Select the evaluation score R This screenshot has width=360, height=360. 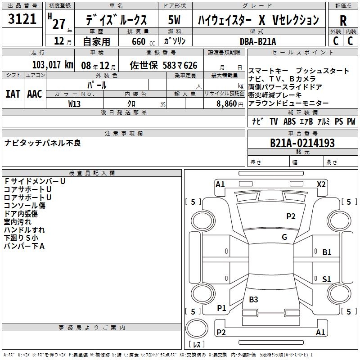click(343, 21)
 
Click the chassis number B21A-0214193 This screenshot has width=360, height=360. click(302, 143)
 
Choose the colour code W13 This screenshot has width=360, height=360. click(75, 103)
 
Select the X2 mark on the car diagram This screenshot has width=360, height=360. click(321, 184)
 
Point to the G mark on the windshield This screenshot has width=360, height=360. click(284, 237)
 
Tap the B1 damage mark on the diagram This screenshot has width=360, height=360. click(327, 252)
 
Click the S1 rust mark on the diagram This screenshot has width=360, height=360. click(327, 279)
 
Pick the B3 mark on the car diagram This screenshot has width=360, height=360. click(253, 299)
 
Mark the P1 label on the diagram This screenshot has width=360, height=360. click(221, 308)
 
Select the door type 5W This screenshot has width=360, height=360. click(175, 20)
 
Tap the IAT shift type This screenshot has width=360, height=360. click(13, 94)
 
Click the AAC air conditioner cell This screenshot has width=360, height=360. click(35, 94)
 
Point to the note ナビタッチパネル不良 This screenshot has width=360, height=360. click(43, 143)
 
